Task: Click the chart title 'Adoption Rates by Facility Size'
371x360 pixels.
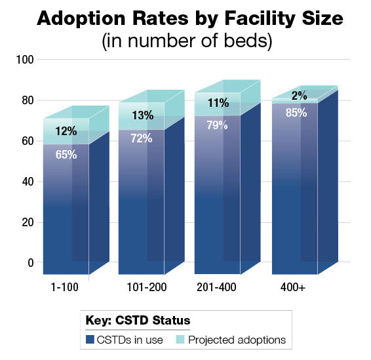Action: (185, 18)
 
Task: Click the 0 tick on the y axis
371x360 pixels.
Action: (29, 263)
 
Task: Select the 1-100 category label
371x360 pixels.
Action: (66, 288)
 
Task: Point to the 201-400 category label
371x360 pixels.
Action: (216, 288)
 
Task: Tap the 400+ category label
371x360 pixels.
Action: (293, 288)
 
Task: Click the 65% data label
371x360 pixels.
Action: (66, 155)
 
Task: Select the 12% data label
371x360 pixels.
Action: (66, 131)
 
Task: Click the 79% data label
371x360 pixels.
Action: (216, 125)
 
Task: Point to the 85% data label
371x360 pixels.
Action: (294, 111)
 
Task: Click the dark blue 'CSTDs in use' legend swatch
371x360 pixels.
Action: (90, 340)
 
